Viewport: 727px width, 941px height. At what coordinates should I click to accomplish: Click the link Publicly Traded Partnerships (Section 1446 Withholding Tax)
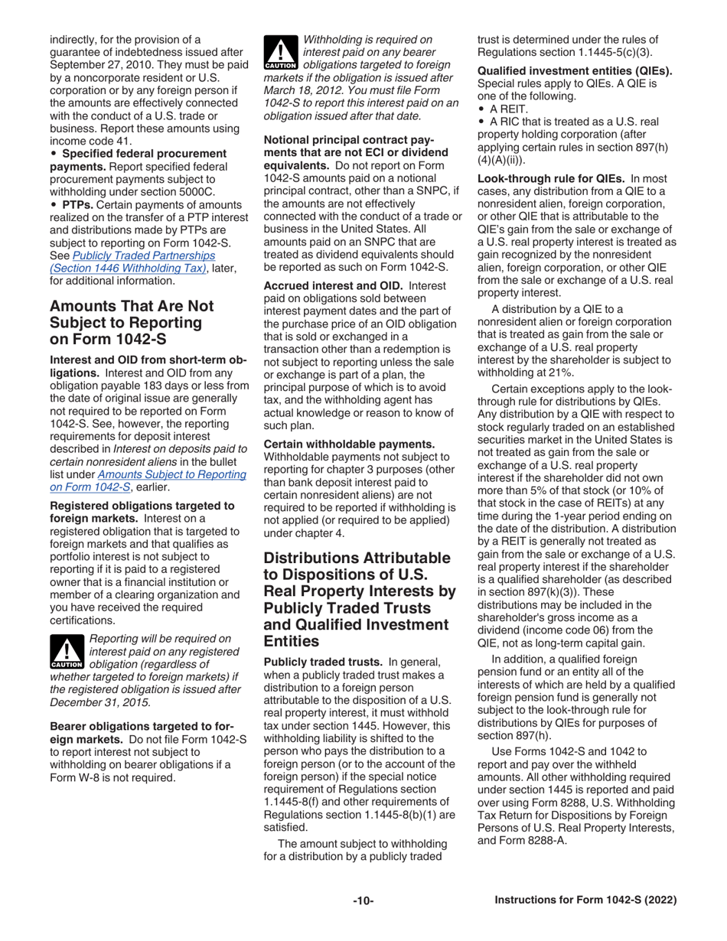pyautogui.click(x=132, y=261)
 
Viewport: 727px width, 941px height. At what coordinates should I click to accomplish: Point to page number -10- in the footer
pyautogui.click(x=363, y=900)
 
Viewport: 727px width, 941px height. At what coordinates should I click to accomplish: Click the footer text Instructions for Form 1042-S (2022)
pyautogui.click(x=585, y=900)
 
